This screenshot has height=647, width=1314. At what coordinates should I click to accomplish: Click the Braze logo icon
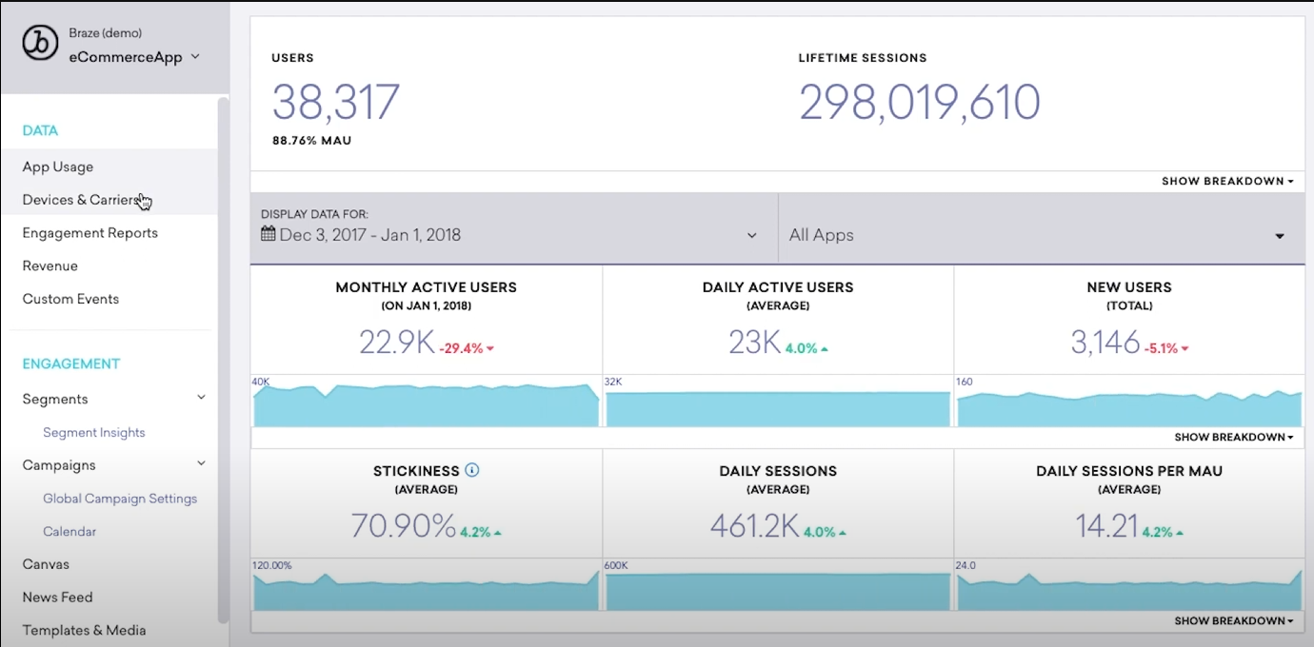(x=40, y=44)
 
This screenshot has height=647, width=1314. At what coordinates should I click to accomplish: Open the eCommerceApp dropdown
(x=133, y=57)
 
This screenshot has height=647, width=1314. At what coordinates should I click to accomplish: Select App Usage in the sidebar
(x=58, y=167)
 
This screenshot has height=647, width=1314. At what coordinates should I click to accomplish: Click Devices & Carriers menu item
(x=82, y=200)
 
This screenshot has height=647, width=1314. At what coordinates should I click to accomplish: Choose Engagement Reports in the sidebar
(x=90, y=233)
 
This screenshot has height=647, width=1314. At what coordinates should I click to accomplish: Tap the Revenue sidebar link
(x=50, y=266)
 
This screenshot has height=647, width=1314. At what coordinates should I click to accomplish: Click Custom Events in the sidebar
(x=70, y=299)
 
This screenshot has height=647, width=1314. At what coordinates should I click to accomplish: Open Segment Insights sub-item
(x=94, y=433)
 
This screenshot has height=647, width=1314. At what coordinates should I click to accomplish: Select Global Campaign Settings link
(x=120, y=499)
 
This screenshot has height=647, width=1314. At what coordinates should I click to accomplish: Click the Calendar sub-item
(x=70, y=532)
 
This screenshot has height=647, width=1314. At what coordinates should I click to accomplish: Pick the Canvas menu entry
(x=46, y=564)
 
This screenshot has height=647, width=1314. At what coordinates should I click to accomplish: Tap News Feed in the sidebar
(x=57, y=598)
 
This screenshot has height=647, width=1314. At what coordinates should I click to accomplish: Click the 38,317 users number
(x=335, y=102)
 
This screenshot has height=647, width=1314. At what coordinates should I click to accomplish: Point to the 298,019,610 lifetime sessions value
(x=919, y=102)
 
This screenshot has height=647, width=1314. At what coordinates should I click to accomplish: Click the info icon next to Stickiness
(x=472, y=470)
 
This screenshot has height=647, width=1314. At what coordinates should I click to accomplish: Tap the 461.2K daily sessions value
(x=754, y=526)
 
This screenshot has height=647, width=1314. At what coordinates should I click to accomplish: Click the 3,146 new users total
(x=1105, y=343)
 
